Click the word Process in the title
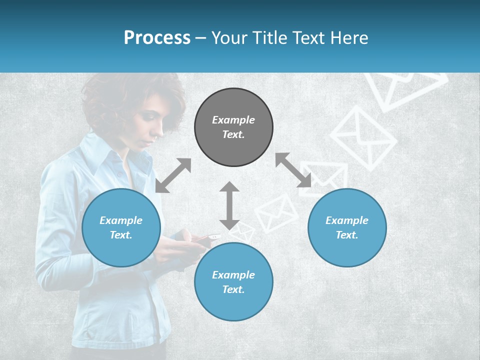pyautogui.click(x=157, y=38)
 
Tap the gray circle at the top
pyautogui.click(x=233, y=127)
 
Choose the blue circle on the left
pyautogui.click(x=121, y=227)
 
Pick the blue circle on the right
pyautogui.click(x=347, y=227)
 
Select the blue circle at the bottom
pyautogui.click(x=233, y=282)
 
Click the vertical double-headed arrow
pyautogui.click(x=229, y=205)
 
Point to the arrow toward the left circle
pyautogui.click(x=173, y=175)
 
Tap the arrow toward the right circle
pyautogui.click(x=293, y=170)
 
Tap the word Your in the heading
pyautogui.click(x=229, y=38)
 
